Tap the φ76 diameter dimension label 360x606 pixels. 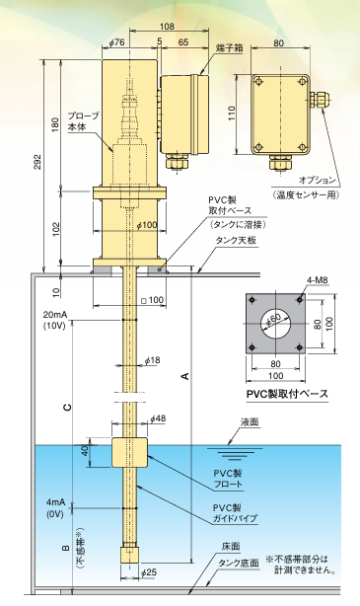pyautogui.click(x=117, y=42)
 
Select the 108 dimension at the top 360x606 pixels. pyautogui.click(x=167, y=27)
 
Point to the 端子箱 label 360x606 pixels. pyautogui.click(x=230, y=48)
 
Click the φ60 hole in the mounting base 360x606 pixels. pyautogui.click(x=275, y=323)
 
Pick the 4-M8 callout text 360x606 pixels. pyautogui.click(x=318, y=280)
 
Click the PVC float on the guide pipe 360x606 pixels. pyautogui.click(x=129, y=452)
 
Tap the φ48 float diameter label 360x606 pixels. pyautogui.click(x=158, y=418)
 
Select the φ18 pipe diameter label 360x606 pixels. pyautogui.click(x=152, y=360)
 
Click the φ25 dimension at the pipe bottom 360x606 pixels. pyautogui.click(x=149, y=572)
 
